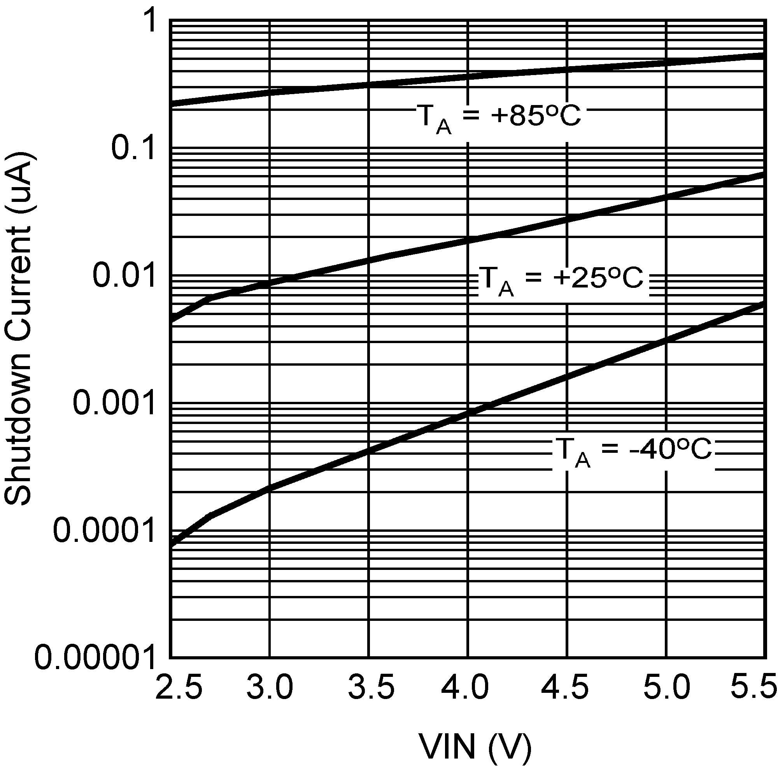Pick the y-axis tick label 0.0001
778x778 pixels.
click(104, 531)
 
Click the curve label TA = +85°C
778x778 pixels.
click(499, 117)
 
